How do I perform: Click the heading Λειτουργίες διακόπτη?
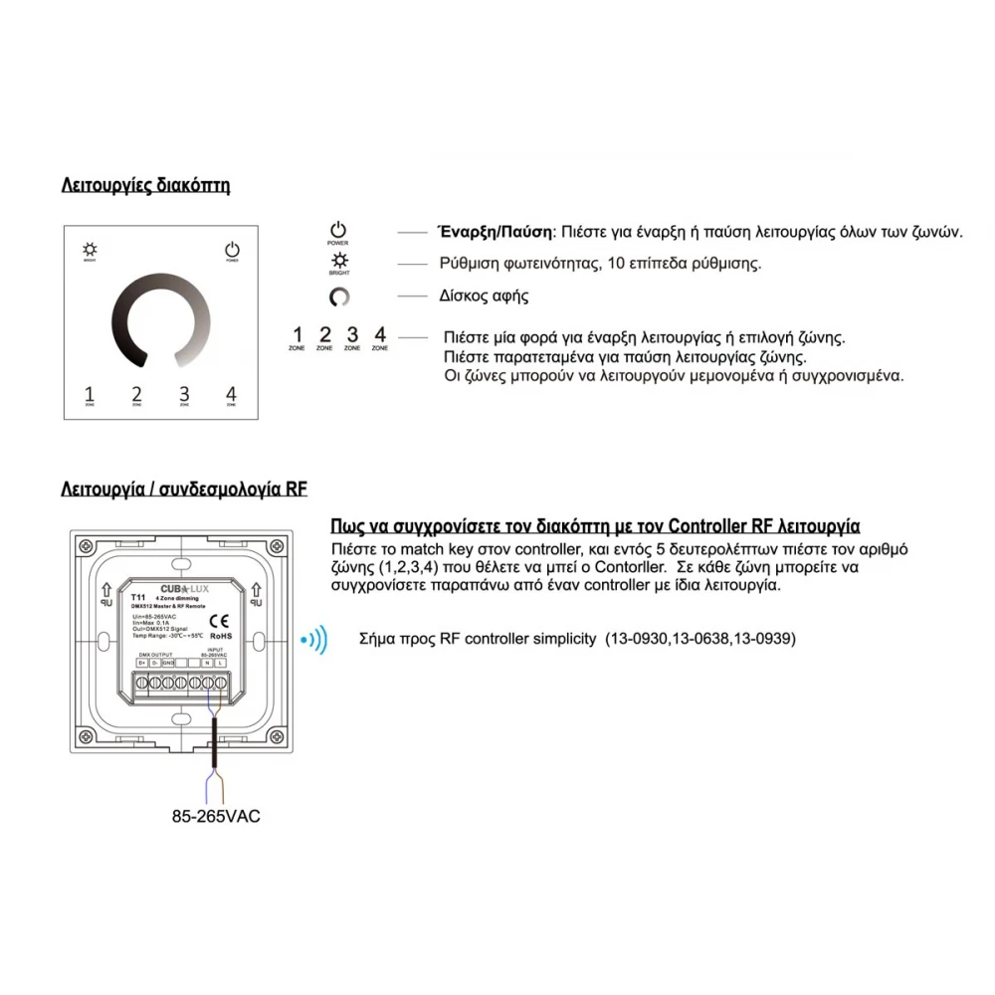(145, 185)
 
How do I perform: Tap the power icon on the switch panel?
(232, 249)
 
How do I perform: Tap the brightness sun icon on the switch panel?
(90, 249)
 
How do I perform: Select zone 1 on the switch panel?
(90, 394)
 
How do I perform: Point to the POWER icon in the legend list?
(338, 231)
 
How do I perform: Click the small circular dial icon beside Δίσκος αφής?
(338, 297)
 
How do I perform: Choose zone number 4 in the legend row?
(379, 335)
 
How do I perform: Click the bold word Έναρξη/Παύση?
(495, 232)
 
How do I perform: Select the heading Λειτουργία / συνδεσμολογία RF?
(184, 490)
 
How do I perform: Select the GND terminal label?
(168, 663)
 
